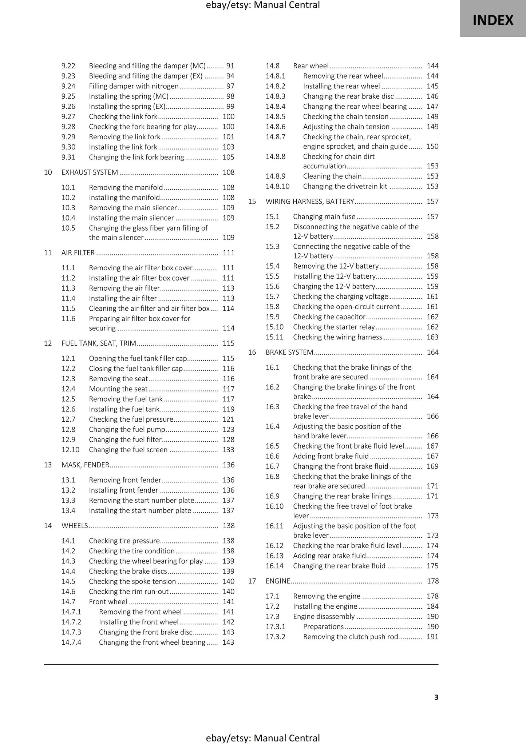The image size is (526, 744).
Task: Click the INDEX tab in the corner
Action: coord(493,20)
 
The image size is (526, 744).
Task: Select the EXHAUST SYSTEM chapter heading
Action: coord(90,172)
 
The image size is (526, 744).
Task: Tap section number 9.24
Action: coord(68,86)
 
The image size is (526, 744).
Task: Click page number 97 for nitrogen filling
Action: coord(230,86)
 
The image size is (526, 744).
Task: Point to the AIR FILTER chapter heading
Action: coord(78,253)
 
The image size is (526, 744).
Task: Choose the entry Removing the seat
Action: coord(118,379)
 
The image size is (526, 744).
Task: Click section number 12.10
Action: coord(70,450)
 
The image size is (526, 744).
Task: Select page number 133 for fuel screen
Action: coord(228,450)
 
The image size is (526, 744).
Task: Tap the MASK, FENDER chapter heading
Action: coord(85,465)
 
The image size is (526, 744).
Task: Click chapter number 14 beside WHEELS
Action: coord(48,526)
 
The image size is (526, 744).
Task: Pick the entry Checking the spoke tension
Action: coord(132,581)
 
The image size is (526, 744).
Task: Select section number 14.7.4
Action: coord(71,642)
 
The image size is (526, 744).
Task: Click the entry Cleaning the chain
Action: coord(332,176)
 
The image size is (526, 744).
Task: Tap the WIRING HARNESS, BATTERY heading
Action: coord(310,202)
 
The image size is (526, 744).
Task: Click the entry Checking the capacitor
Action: coord(329,317)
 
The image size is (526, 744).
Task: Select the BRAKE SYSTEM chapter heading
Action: coord(289,352)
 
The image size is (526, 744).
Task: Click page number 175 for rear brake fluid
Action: coord(432,566)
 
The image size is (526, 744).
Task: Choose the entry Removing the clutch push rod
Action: coord(351,637)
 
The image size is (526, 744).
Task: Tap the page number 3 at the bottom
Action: coord(436,697)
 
